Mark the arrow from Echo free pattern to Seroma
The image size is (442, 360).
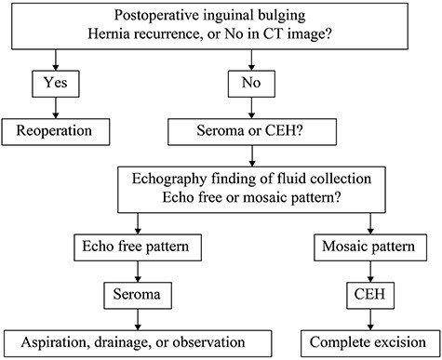137,271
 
